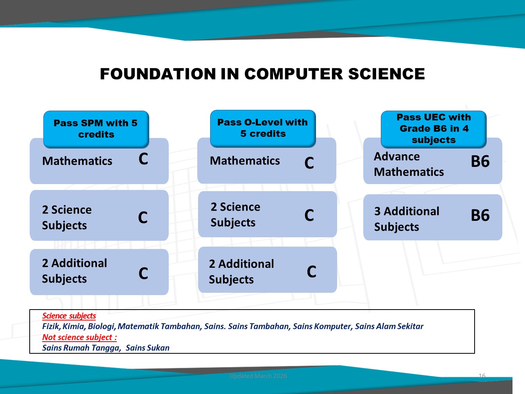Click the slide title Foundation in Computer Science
coord(262,74)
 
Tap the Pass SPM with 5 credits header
coord(96,129)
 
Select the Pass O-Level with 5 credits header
coord(263,128)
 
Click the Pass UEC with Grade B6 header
coord(434,129)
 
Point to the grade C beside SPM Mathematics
coord(143,159)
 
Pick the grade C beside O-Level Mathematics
coord(309,163)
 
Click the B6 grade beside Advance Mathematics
coord(480,161)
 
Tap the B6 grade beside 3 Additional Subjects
coord(480,215)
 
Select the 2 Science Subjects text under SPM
coord(67,217)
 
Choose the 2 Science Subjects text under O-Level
coord(236,215)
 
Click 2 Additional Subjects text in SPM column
coord(74,271)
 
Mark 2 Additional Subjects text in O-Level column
coord(241,272)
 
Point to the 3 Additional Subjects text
coord(407,219)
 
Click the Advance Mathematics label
coord(409,164)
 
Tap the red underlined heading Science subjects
coord(69,316)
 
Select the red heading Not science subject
coord(79,337)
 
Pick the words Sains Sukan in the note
coord(148,348)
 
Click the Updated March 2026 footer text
coord(258,376)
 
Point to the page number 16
coord(482,376)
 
